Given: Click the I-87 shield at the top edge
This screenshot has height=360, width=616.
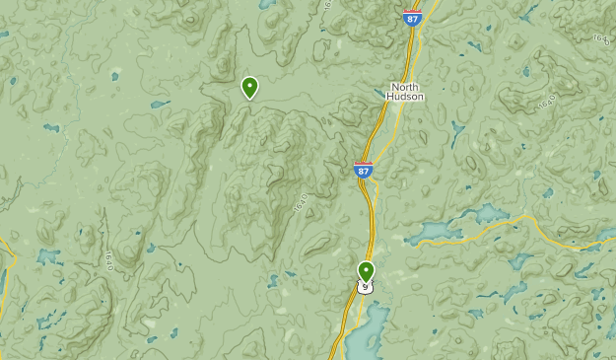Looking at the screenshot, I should (412, 18).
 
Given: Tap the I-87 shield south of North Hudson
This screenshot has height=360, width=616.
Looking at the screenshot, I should (364, 170).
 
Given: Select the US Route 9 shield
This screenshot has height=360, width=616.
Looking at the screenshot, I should (366, 287).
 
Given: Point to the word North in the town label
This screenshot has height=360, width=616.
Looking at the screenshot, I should (405, 87).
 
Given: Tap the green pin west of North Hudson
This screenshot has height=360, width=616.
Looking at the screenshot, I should (250, 88).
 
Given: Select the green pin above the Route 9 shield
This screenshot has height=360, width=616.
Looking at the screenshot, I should (366, 270).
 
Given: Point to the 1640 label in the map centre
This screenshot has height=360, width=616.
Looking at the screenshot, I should (301, 203).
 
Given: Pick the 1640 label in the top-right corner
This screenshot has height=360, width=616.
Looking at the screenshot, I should (600, 38).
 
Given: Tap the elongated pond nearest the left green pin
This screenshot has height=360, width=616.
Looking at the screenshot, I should (160, 103).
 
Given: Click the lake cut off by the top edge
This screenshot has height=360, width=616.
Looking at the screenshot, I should (266, 4).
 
